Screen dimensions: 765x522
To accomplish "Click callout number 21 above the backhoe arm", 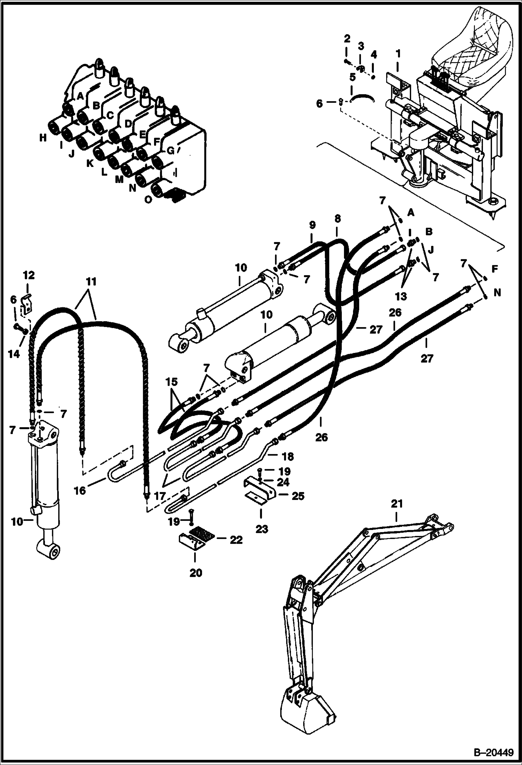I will point(397,503).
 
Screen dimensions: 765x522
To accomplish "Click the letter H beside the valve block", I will point(43,138).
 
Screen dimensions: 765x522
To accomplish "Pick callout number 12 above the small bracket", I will point(29,275).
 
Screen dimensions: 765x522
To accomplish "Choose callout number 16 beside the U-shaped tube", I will point(80,491).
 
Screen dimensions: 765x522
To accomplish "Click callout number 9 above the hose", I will point(312,225).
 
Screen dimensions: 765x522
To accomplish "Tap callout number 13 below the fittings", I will point(401,296).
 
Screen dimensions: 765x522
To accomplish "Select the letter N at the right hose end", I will point(497,293).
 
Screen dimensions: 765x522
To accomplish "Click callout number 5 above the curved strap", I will point(352,77).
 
